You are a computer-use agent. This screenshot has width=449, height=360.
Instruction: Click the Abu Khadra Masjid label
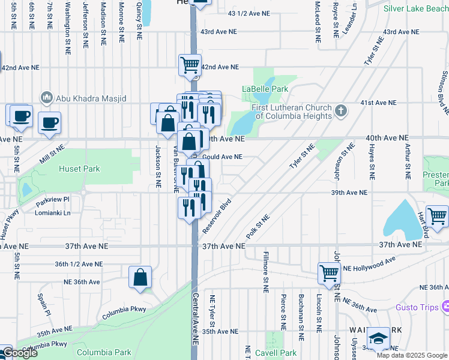point(88,97)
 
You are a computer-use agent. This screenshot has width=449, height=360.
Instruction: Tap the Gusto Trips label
point(418,307)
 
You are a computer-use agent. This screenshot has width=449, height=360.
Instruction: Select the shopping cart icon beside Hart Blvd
point(438,215)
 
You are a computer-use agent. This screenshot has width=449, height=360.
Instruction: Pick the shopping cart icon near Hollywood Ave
point(330,273)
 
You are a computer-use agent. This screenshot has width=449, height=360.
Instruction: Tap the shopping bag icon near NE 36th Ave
point(140,277)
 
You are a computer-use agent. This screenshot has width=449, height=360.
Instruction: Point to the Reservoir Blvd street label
point(217,217)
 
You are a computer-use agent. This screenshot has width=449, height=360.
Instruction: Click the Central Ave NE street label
point(196,318)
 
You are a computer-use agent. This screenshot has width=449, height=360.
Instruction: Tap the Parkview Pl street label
point(52,199)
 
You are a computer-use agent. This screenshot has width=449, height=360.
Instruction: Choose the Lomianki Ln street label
point(53,213)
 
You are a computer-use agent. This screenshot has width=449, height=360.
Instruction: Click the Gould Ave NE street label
point(223,157)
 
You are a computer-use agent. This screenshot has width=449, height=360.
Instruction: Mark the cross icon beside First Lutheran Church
point(341,110)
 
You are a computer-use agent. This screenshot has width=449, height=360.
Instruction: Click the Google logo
point(19,353)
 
